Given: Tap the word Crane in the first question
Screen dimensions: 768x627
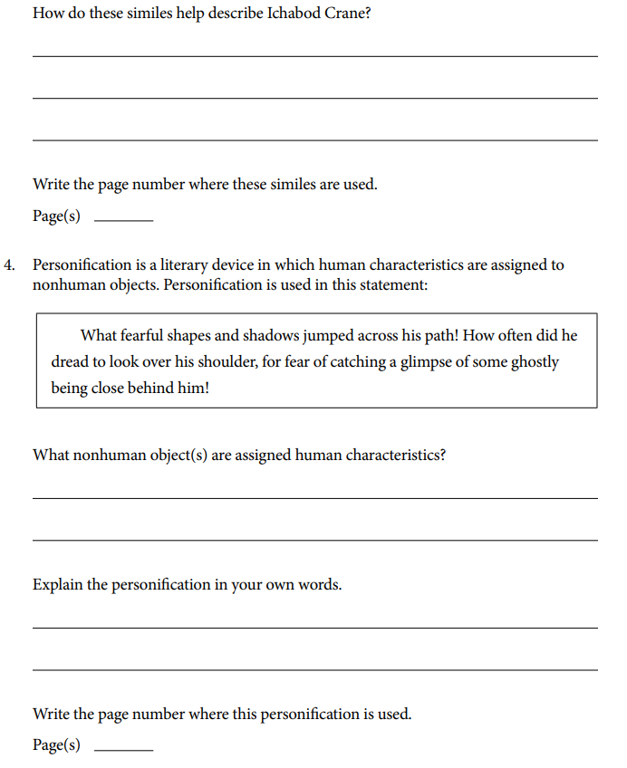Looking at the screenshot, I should pos(343,16).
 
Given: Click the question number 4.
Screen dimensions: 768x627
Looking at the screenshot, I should pos(9,265).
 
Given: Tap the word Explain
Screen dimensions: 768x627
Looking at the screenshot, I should pos(58,584).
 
